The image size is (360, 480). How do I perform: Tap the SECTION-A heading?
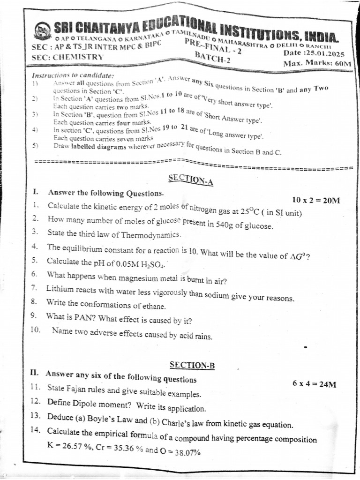(190, 180)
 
